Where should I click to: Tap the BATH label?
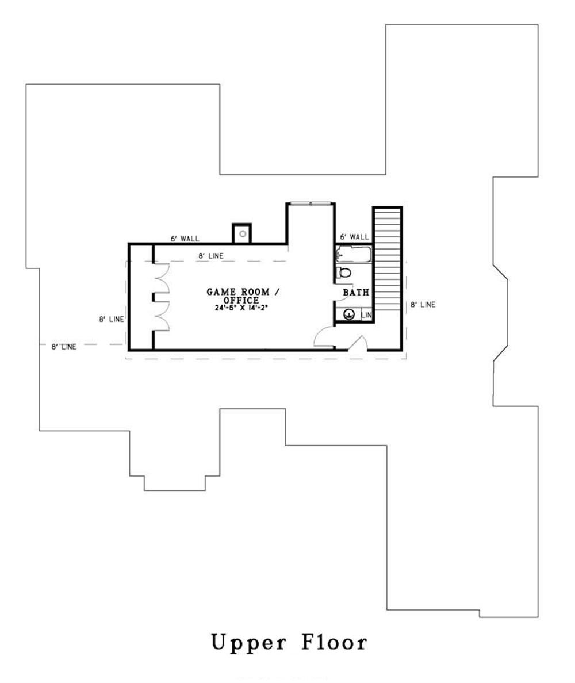click(x=356, y=293)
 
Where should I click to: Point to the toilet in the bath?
click(x=344, y=272)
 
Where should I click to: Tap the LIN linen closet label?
click(x=367, y=315)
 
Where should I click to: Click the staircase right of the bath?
click(x=388, y=259)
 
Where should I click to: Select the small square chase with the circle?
click(x=243, y=233)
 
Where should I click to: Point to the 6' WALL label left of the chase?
click(x=185, y=237)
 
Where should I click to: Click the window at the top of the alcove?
click(x=310, y=203)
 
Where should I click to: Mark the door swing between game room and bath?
click(x=338, y=290)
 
